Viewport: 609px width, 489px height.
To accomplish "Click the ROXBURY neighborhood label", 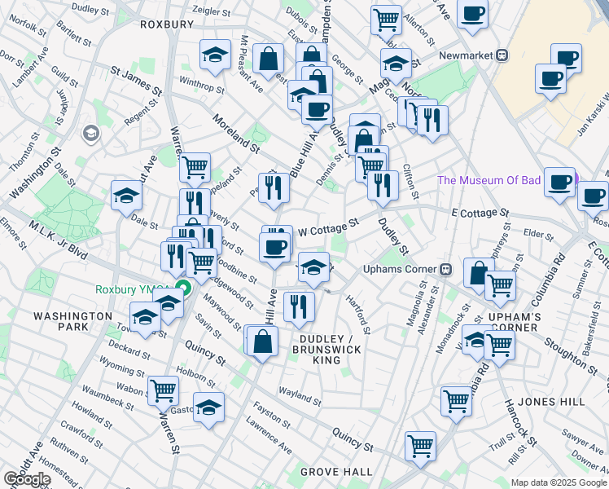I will (x=166, y=24).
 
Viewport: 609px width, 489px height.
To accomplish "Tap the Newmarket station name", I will (x=462, y=55).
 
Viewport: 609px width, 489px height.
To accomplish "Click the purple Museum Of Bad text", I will (x=489, y=180).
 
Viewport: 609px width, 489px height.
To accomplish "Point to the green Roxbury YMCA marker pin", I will (x=185, y=289).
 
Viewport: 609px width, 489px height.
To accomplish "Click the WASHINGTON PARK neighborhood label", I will (x=73, y=321).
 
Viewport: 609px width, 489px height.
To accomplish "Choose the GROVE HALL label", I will (x=336, y=472).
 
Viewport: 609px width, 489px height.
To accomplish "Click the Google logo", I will (x=27, y=478).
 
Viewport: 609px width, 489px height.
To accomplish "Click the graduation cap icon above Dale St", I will (x=127, y=195).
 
